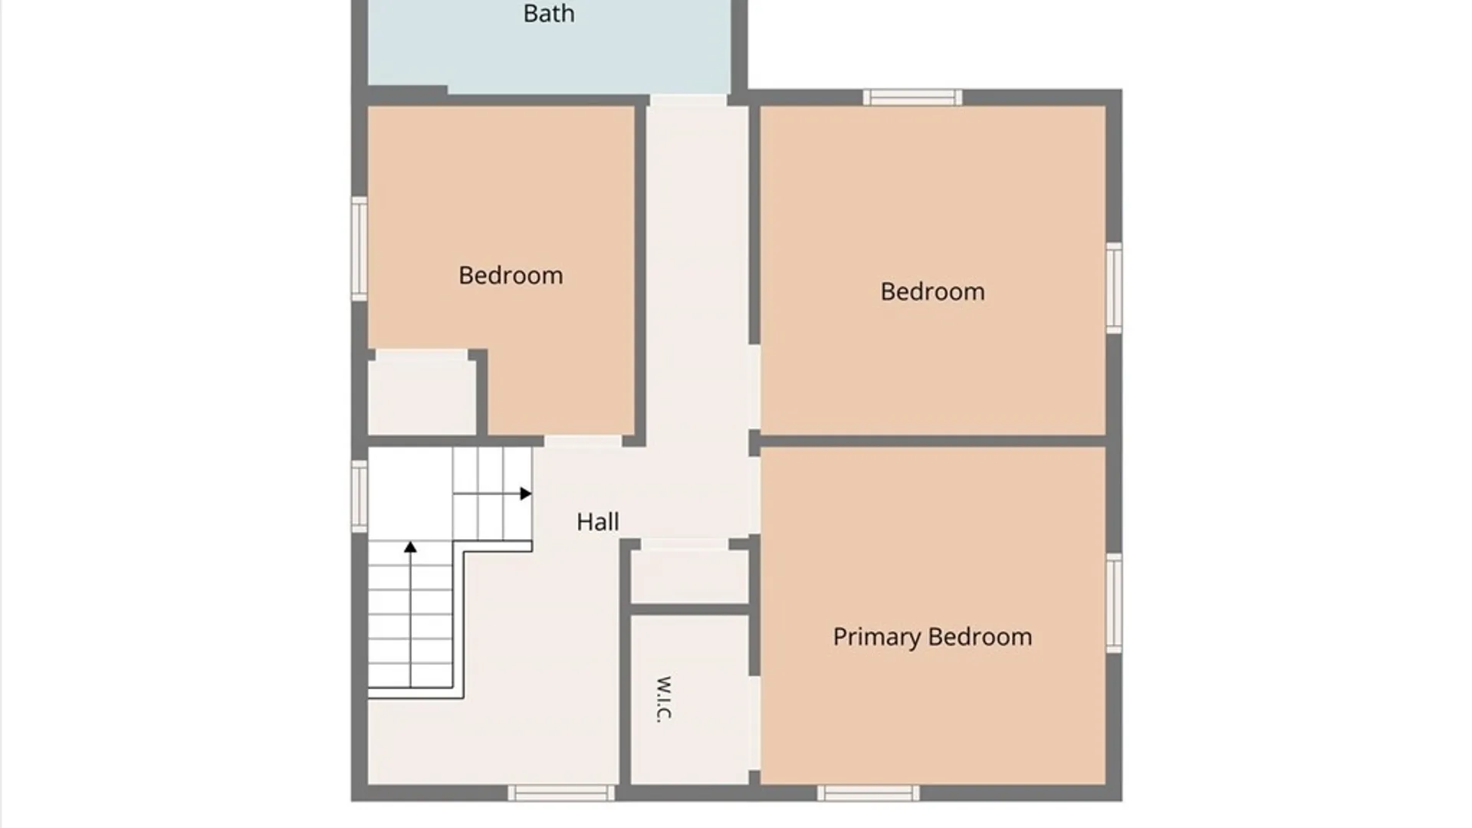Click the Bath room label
[549, 14]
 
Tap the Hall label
[598, 522]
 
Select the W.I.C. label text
[664, 698]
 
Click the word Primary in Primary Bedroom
[877, 637]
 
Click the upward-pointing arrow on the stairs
[411, 614]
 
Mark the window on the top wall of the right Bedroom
[912, 97]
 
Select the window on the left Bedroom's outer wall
[359, 248]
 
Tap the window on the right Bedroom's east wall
[1114, 287]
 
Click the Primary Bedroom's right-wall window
[1114, 603]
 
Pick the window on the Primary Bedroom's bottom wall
[868, 793]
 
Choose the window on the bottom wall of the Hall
[561, 793]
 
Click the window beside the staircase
[359, 496]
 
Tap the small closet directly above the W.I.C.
[689, 577]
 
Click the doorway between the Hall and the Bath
[688, 100]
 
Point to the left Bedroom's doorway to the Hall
[583, 442]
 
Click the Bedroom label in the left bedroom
[511, 276]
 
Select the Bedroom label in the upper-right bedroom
[932, 292]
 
